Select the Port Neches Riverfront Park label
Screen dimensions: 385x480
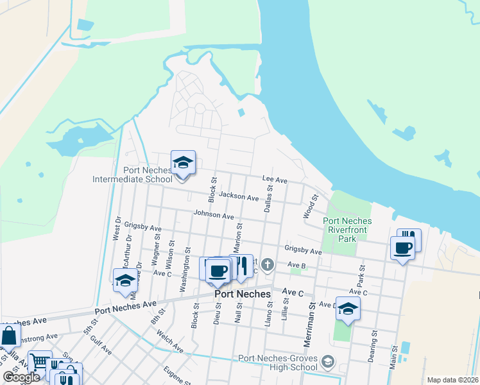(x=347, y=230)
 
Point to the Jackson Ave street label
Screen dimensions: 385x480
(x=238, y=195)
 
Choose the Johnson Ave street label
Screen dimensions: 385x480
(x=214, y=216)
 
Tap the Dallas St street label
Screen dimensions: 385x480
(x=270, y=198)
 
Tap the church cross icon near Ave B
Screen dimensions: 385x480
(x=268, y=264)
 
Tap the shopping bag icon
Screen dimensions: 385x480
(x=9, y=336)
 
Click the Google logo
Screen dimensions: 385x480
(x=21, y=377)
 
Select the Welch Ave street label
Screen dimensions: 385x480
(x=170, y=341)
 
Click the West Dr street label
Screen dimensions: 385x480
(x=118, y=228)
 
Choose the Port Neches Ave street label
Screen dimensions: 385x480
(x=126, y=307)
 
